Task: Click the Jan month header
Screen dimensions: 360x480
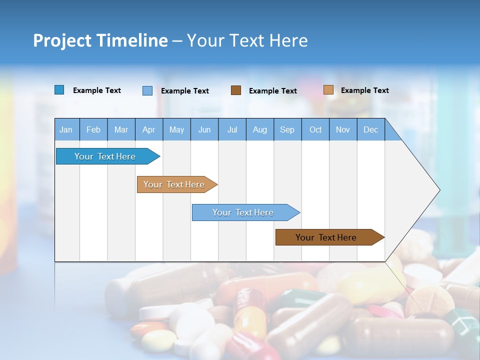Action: pos(66,129)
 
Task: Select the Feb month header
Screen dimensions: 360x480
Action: pos(93,129)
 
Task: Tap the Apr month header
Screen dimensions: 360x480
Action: pos(149,129)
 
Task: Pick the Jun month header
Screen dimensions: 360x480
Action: pos(204,129)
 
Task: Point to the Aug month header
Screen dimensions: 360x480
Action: pos(260,129)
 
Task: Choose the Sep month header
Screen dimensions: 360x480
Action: pos(287,129)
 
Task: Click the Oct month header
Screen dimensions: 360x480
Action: pos(315,129)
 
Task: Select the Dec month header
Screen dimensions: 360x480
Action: pos(371,129)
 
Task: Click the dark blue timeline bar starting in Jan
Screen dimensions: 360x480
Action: pos(105,156)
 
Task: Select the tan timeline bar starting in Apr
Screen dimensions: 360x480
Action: pos(174,184)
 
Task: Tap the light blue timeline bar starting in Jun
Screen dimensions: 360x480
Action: pos(243,212)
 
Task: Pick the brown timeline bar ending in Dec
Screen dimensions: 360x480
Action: pos(326,237)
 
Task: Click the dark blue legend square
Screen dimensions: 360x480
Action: pos(59,90)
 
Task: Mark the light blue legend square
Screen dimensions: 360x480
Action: pos(147,90)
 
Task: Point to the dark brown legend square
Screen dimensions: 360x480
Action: pos(236,90)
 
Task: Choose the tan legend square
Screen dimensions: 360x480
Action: pos(328,90)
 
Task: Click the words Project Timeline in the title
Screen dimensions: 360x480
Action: pos(100,40)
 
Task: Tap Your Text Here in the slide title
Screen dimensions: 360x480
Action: pos(247,40)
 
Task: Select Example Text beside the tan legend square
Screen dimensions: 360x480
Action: pos(365,90)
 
